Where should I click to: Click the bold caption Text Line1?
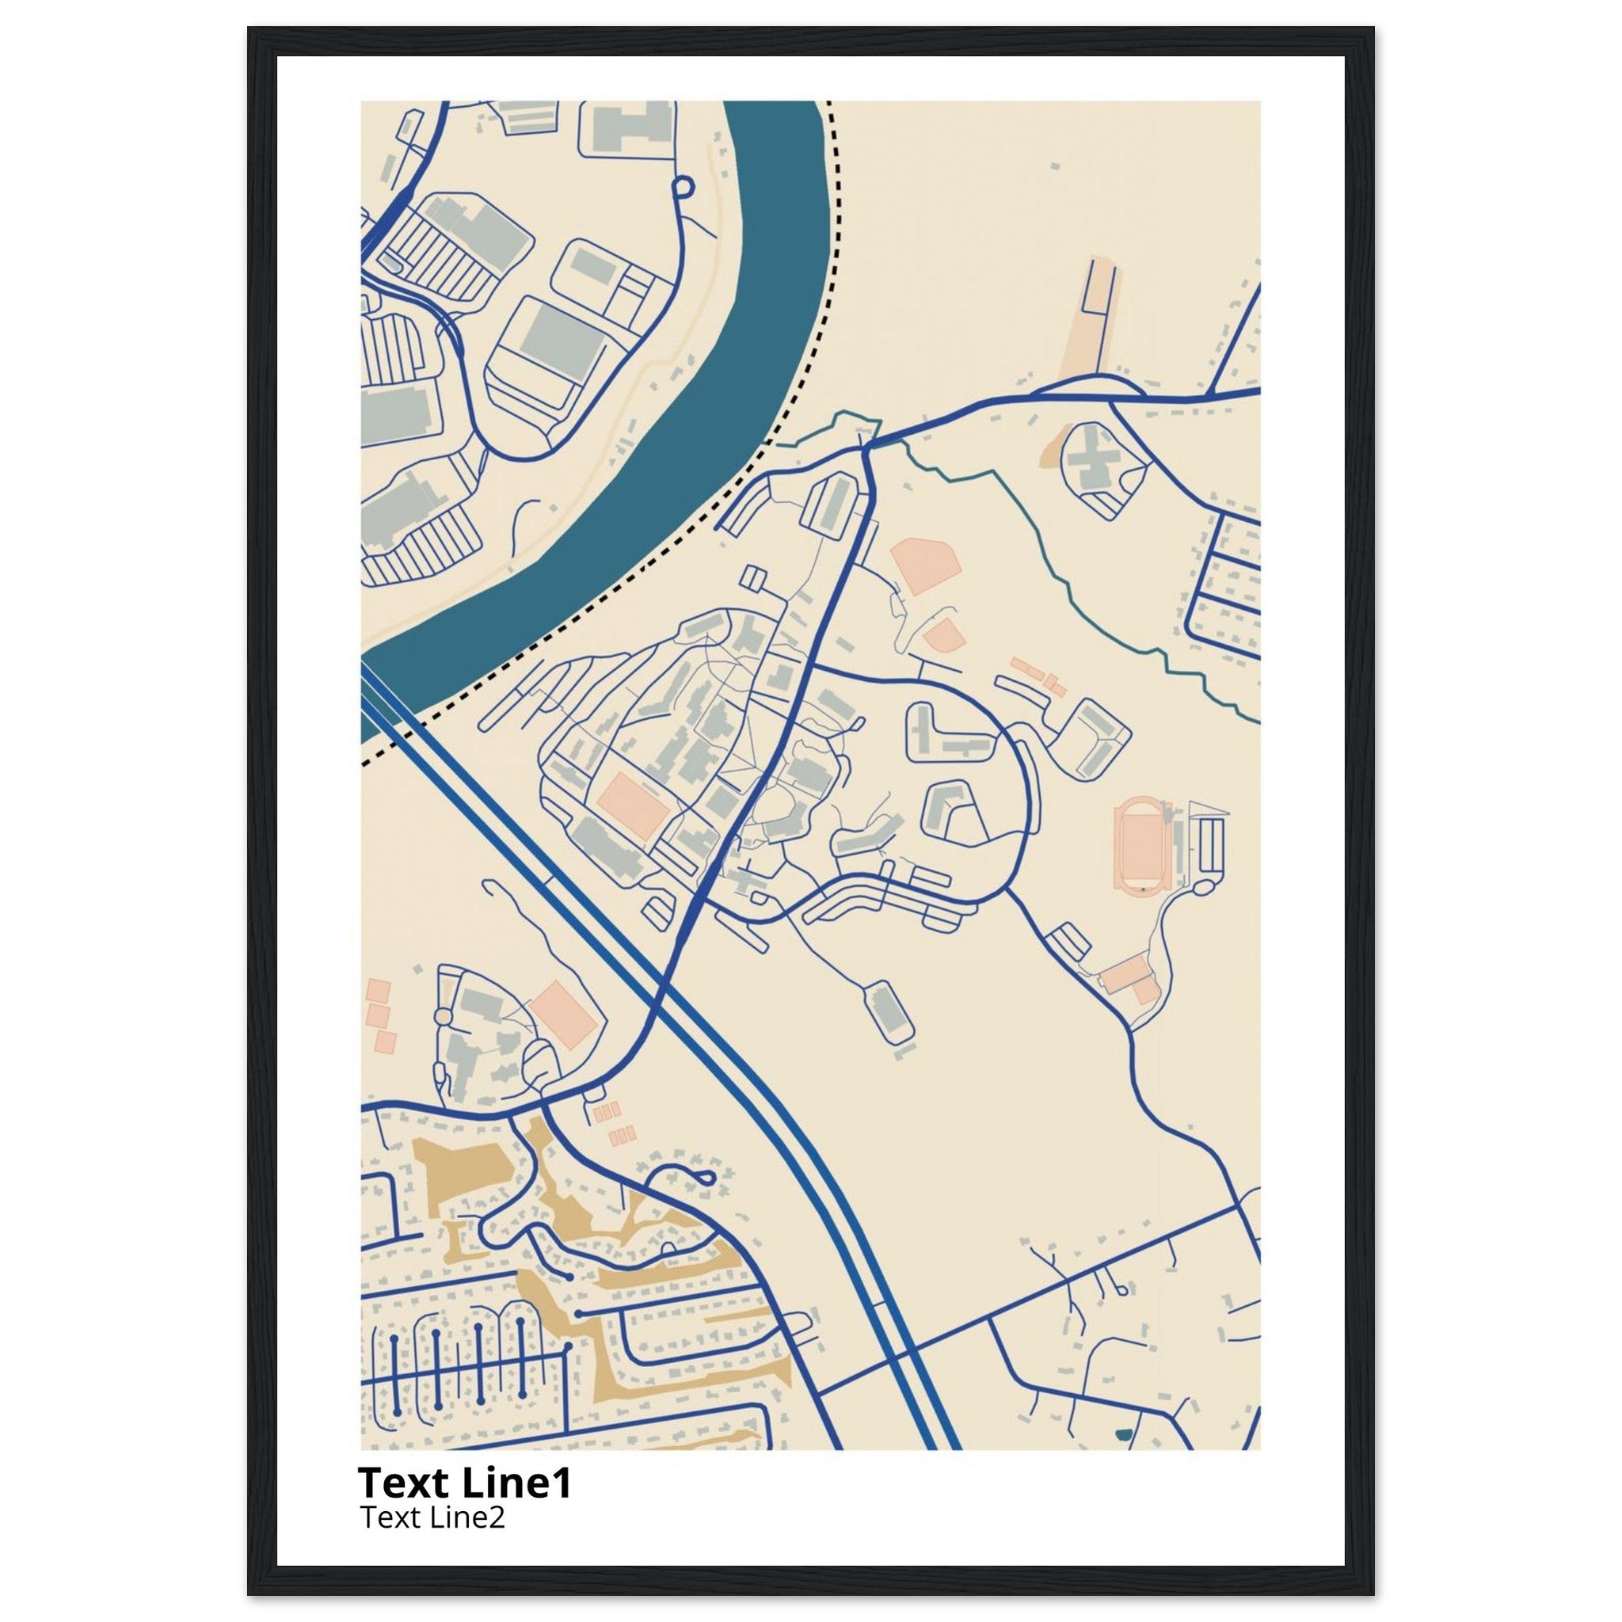pyautogui.click(x=464, y=1483)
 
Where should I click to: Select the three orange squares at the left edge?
pyautogui.click(x=379, y=1016)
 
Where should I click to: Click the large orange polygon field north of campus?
pyautogui.click(x=923, y=568)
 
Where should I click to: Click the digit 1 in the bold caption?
pyautogui.click(x=561, y=1483)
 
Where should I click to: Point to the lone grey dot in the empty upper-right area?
pyautogui.click(x=1054, y=167)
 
